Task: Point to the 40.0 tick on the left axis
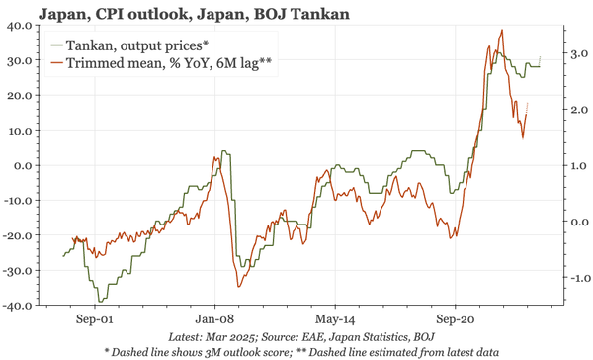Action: [19, 27]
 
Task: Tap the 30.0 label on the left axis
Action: [19, 61]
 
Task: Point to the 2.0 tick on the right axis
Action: [577, 110]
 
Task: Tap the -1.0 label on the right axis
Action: [575, 278]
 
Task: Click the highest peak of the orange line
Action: [502, 31]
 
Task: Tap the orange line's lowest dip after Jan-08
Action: [238, 287]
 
